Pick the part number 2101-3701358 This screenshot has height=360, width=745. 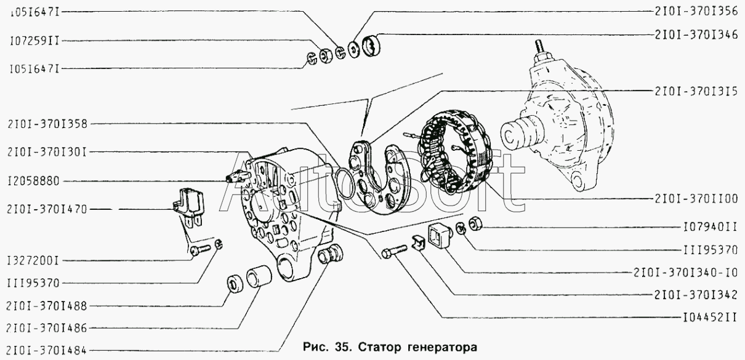47,124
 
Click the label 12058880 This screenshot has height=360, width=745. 34,182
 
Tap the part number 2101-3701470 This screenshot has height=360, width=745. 47,210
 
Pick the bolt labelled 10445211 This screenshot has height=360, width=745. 394,252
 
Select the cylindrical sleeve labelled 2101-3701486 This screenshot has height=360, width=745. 259,277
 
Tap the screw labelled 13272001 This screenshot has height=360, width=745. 201,249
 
